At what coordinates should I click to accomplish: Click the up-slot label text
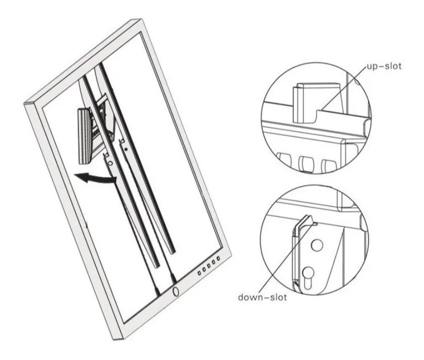pos(384,66)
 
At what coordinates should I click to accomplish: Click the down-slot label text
pos(262,297)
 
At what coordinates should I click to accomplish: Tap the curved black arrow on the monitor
pos(95,177)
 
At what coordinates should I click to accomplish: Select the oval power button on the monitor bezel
pos(176,292)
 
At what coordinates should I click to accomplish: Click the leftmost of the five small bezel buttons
pos(199,273)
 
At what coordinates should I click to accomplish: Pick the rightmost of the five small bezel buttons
pos(218,259)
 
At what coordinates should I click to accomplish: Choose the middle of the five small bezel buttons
pos(209,266)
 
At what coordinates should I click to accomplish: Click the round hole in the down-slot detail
pos(316,245)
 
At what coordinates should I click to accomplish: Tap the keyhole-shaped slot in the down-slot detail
pos(308,277)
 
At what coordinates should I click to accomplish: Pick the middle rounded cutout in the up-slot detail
pos(306,163)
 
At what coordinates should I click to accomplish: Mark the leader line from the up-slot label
pos(343,88)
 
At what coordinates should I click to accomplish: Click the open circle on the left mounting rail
pos(110,163)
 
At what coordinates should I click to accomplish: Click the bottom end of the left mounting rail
pos(157,266)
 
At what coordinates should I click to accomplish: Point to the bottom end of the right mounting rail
pos(172,251)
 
